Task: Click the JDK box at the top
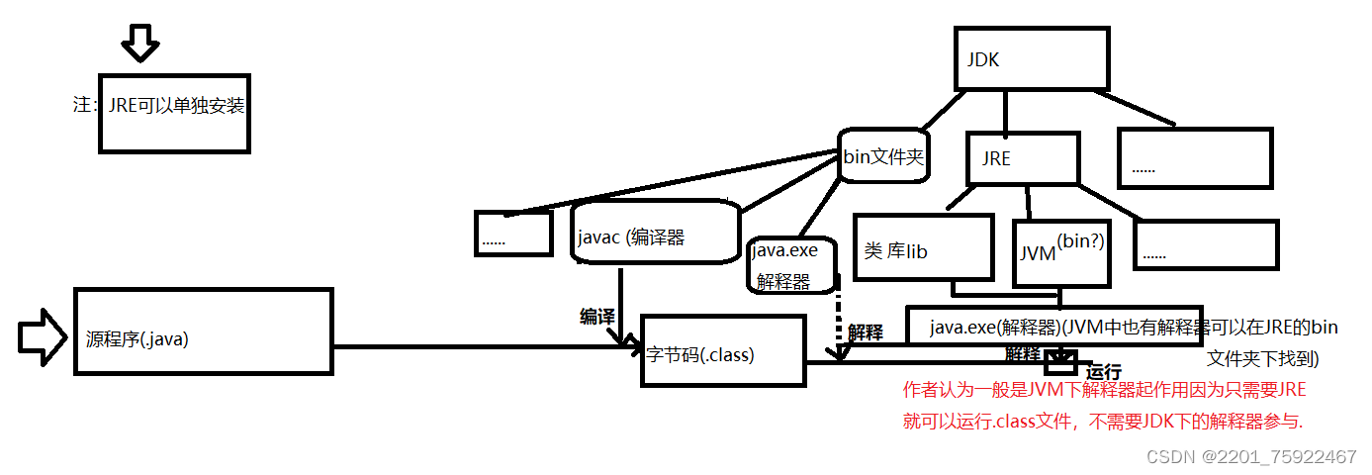click(x=1030, y=59)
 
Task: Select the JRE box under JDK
click(x=1021, y=158)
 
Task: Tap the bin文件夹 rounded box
click(x=883, y=155)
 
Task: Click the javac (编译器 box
click(x=656, y=234)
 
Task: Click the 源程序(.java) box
click(x=203, y=331)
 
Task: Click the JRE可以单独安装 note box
click(x=173, y=112)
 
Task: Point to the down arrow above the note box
click(x=139, y=42)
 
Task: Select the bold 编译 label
click(x=597, y=316)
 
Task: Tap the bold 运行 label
click(x=1104, y=373)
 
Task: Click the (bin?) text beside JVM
click(x=1080, y=240)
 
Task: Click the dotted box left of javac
click(x=511, y=234)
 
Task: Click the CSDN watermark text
click(x=1251, y=456)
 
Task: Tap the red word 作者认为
click(x=936, y=390)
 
